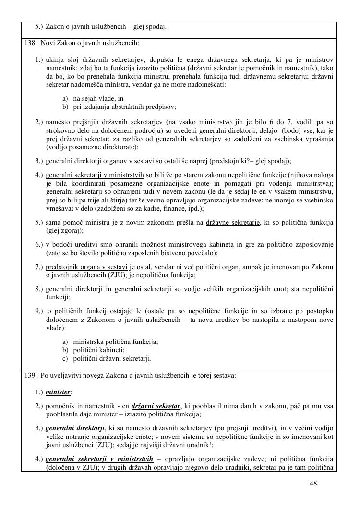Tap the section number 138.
click(x=30, y=43)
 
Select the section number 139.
click(x=30, y=376)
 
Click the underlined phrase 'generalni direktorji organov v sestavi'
click(x=100, y=161)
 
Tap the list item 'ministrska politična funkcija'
click(x=115, y=342)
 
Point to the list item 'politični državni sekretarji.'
click(x=112, y=358)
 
